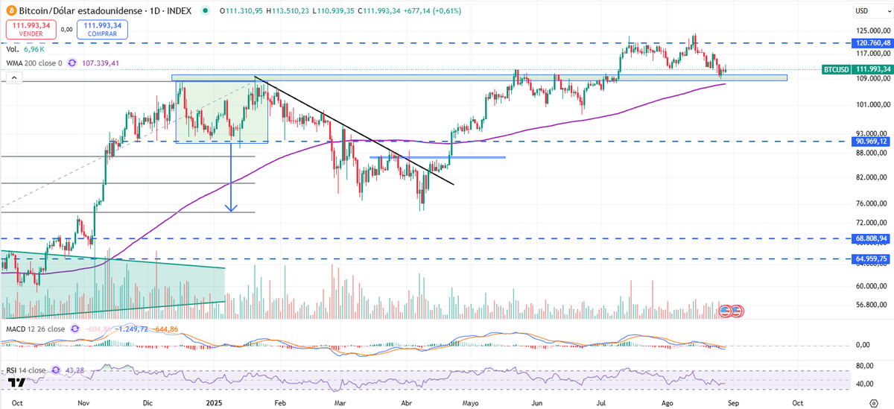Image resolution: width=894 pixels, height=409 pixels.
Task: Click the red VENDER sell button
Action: [x=30, y=30]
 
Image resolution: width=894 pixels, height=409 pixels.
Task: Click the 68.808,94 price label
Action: [x=872, y=238]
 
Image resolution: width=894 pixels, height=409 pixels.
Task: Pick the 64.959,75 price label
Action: [x=872, y=259]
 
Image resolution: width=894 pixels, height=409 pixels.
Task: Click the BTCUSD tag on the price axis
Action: [x=835, y=69]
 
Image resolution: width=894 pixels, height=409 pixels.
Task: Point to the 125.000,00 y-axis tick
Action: [x=872, y=31]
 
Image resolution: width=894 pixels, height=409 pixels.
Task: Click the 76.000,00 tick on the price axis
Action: [x=871, y=203]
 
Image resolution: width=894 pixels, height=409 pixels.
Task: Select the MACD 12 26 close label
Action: [x=34, y=329]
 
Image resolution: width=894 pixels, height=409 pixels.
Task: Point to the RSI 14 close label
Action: [x=26, y=370]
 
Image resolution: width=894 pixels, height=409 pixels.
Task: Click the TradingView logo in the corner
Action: [x=16, y=382]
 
